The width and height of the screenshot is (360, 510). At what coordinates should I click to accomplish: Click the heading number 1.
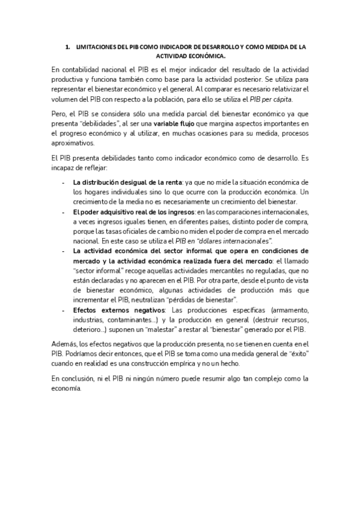pos(67,46)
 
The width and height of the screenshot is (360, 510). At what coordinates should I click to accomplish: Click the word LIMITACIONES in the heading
pos(94,46)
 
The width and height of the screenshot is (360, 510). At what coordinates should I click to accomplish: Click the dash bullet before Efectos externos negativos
pos(64,310)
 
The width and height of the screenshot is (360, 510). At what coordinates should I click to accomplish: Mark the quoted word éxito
pos(291,354)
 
